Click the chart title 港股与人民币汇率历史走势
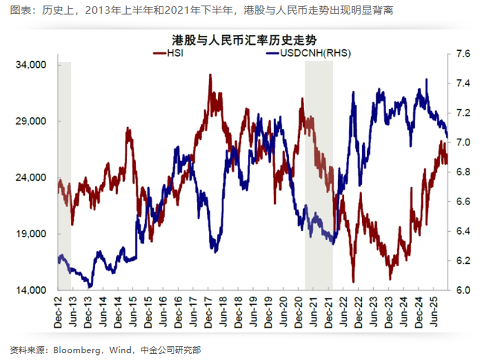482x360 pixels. (x=240, y=40)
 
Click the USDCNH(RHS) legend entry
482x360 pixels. (x=315, y=53)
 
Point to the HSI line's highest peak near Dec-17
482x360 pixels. (x=210, y=75)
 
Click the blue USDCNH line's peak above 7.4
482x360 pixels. (x=426, y=79)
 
